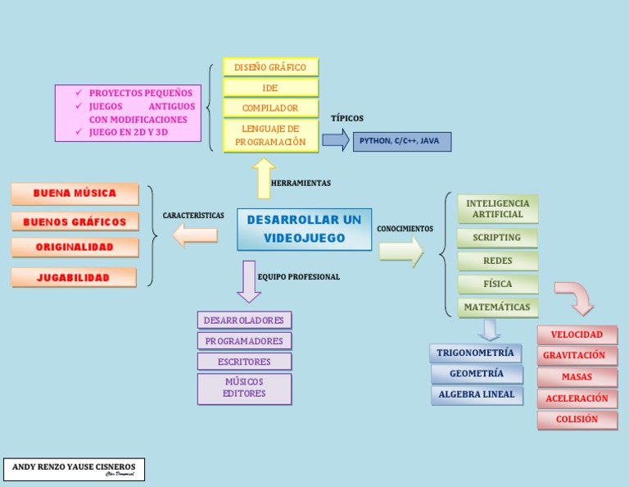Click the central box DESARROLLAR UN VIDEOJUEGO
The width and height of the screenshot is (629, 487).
[304, 230]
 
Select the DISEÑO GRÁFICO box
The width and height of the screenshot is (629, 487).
[270, 67]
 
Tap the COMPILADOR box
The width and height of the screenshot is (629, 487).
[270, 108]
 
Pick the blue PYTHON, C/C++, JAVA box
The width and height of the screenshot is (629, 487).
[401, 141]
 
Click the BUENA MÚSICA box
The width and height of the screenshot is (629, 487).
[75, 193]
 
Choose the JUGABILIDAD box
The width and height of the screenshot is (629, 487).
[74, 278]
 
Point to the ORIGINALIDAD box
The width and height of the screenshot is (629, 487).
[75, 247]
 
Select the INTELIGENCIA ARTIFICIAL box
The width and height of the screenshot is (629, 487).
[498, 209]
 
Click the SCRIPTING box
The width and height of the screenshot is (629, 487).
[497, 238]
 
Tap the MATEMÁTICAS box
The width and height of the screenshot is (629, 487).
[497, 307]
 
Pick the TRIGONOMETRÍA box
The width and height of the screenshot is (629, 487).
[476, 353]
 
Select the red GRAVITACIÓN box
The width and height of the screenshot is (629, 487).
[577, 356]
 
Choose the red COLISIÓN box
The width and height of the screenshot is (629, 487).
[577, 420]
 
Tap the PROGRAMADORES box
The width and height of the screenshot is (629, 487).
[244, 341]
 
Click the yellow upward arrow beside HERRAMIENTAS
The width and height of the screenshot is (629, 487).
[263, 179]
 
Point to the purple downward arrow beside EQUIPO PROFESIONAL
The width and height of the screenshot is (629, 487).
[248, 281]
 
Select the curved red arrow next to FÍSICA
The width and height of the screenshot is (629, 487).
[576, 296]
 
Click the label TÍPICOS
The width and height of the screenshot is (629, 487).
[347, 119]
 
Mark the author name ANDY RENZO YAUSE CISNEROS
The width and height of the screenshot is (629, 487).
[74, 467]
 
